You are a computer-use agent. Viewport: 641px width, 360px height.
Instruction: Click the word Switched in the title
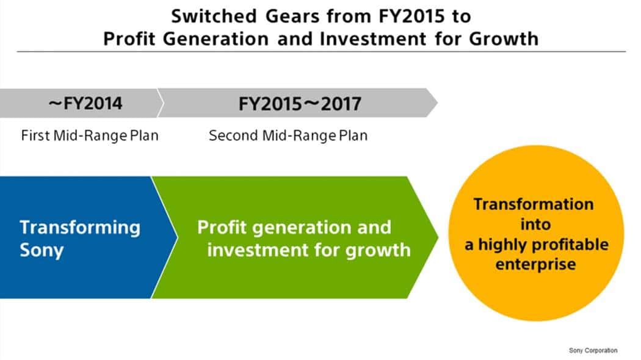(214, 16)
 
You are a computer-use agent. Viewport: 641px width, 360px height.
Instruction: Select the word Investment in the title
(373, 39)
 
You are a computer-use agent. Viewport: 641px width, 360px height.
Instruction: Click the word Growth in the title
(504, 39)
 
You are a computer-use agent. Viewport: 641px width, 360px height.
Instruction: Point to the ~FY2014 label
(85, 103)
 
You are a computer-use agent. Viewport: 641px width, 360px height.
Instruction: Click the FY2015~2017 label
(300, 104)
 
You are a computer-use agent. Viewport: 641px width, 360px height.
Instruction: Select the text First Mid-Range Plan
(90, 135)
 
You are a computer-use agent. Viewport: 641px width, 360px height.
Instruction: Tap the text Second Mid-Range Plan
(288, 135)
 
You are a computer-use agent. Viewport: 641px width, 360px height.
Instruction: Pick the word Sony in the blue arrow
(42, 250)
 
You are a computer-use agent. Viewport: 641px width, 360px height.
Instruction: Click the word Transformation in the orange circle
(534, 204)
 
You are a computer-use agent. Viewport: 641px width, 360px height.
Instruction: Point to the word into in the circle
(535, 224)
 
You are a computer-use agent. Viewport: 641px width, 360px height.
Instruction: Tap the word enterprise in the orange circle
(535, 264)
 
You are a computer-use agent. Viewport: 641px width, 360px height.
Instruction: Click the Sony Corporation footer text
(593, 350)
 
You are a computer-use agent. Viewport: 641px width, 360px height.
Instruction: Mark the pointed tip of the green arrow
(438, 237)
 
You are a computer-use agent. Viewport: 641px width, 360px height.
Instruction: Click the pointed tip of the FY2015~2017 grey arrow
(438, 103)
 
